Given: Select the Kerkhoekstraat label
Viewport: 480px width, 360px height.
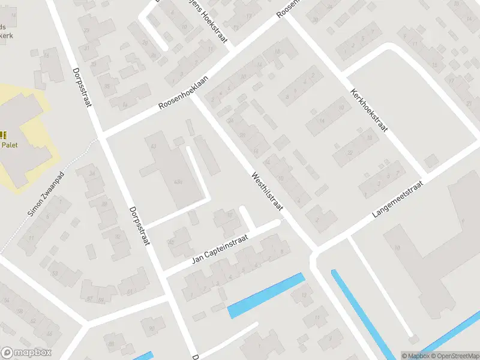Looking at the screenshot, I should pyautogui.click(x=368, y=111).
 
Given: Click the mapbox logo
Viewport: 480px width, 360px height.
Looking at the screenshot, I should pyautogui.click(x=26, y=353).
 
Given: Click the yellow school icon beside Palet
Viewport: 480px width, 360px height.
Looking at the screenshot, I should pyautogui.click(x=2, y=135).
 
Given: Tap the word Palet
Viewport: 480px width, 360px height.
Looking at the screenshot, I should pyautogui.click(x=8, y=145).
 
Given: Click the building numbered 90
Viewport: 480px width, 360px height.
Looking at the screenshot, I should pyautogui.click(x=152, y=328).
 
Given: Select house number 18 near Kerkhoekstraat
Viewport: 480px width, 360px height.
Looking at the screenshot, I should pyautogui.click(x=370, y=138).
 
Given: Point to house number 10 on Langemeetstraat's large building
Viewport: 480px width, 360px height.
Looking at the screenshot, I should pyautogui.click(x=397, y=247).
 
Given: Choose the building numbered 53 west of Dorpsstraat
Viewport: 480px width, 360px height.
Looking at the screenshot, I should pyautogui.click(x=55, y=274).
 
